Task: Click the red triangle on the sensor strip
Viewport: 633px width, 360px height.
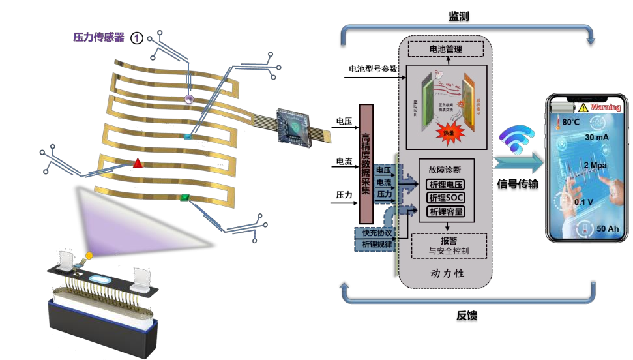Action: (138, 163)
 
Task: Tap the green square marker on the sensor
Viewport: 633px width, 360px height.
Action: (185, 197)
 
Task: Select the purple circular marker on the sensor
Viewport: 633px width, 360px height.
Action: (189, 100)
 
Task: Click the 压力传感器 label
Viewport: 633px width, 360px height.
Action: (98, 37)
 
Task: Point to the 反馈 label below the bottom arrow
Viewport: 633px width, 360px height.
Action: (466, 317)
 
